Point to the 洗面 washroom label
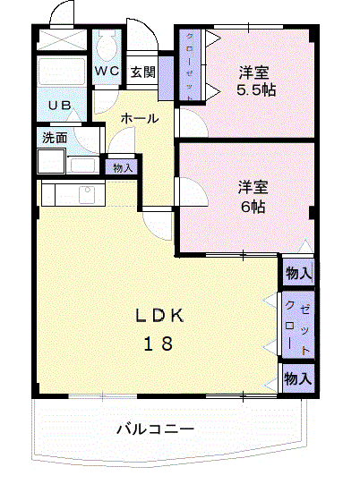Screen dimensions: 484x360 coord(55,138)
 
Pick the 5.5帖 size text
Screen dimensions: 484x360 coord(256,90)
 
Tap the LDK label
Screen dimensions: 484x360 coord(160,315)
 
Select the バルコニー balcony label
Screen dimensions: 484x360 coord(154,429)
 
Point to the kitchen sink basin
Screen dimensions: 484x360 coord(88,193)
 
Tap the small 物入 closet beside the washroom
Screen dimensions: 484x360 coord(122,167)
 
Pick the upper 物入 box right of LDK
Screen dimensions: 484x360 coord(298,274)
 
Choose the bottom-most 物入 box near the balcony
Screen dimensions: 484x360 coord(298,378)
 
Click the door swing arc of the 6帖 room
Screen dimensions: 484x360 coord(190,192)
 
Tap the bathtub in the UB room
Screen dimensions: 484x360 coord(63,74)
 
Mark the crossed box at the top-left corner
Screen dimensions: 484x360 coord(63,40)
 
